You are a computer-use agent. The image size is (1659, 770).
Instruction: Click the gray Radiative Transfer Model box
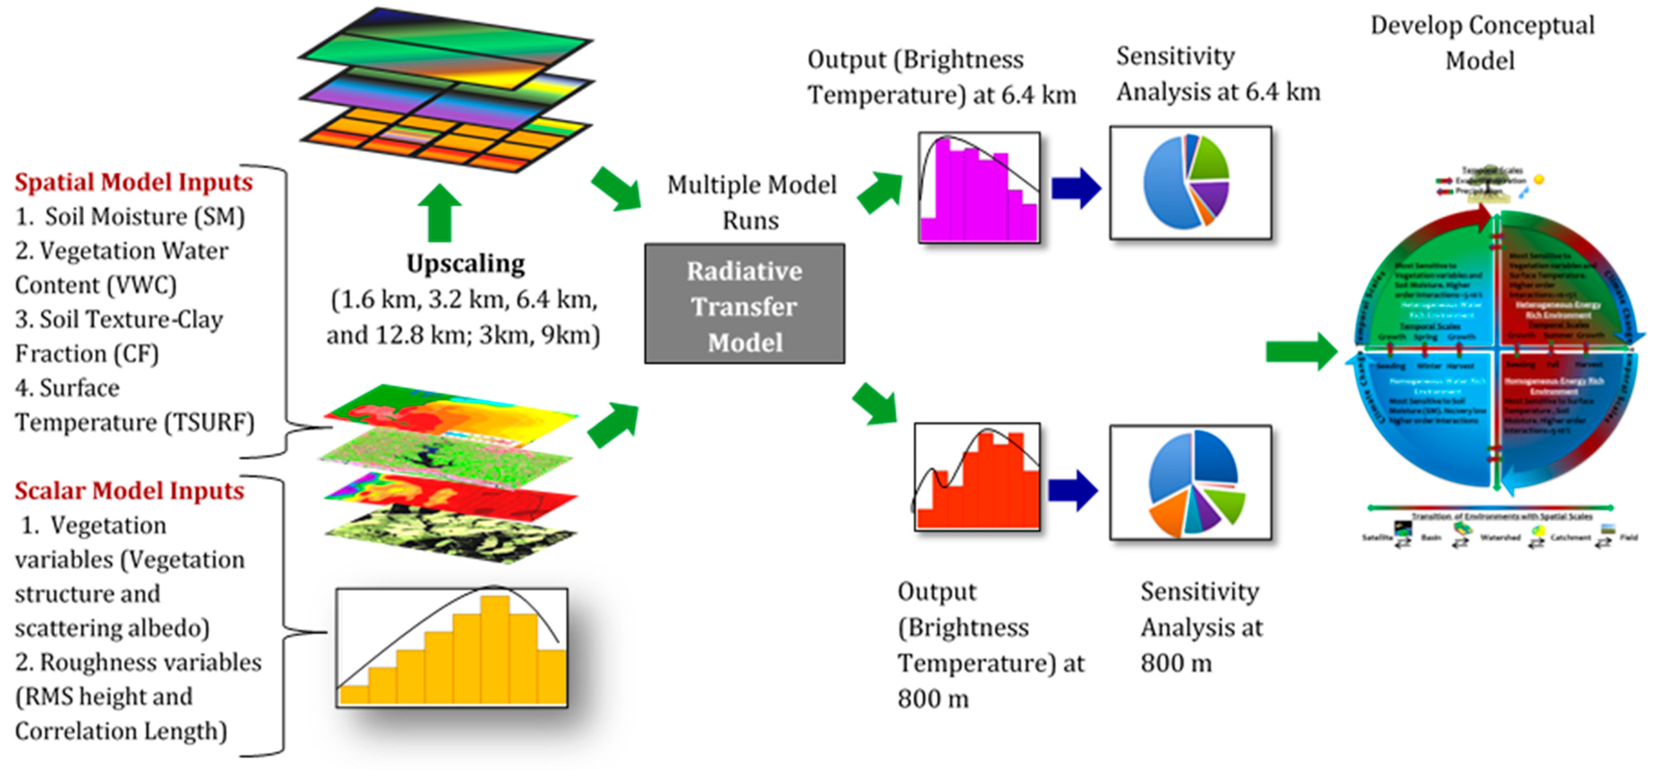[x=745, y=304]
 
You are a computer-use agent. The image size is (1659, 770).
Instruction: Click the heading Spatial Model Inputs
[x=133, y=182]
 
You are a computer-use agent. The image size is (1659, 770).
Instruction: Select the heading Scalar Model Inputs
[x=130, y=491]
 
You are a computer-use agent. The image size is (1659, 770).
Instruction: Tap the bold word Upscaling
[x=465, y=264]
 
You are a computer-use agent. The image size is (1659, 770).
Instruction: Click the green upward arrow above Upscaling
[x=439, y=213]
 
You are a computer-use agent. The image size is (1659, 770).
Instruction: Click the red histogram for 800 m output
[x=977, y=477]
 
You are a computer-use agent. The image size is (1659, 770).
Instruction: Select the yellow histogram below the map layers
[x=451, y=648]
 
